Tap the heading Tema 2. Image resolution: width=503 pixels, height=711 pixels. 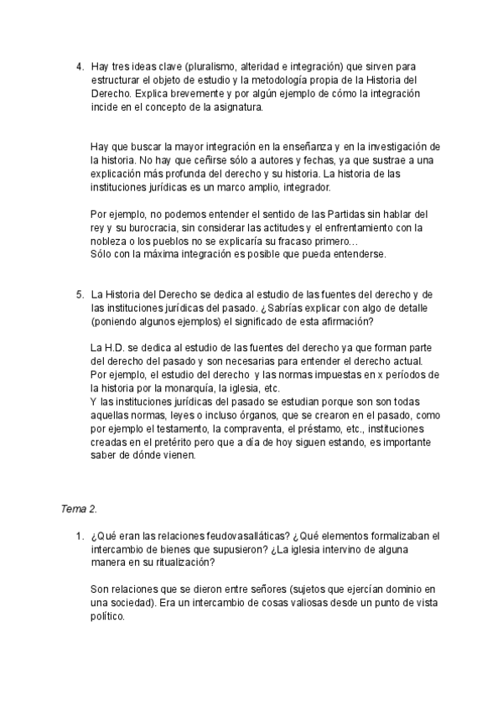tap(80, 508)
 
